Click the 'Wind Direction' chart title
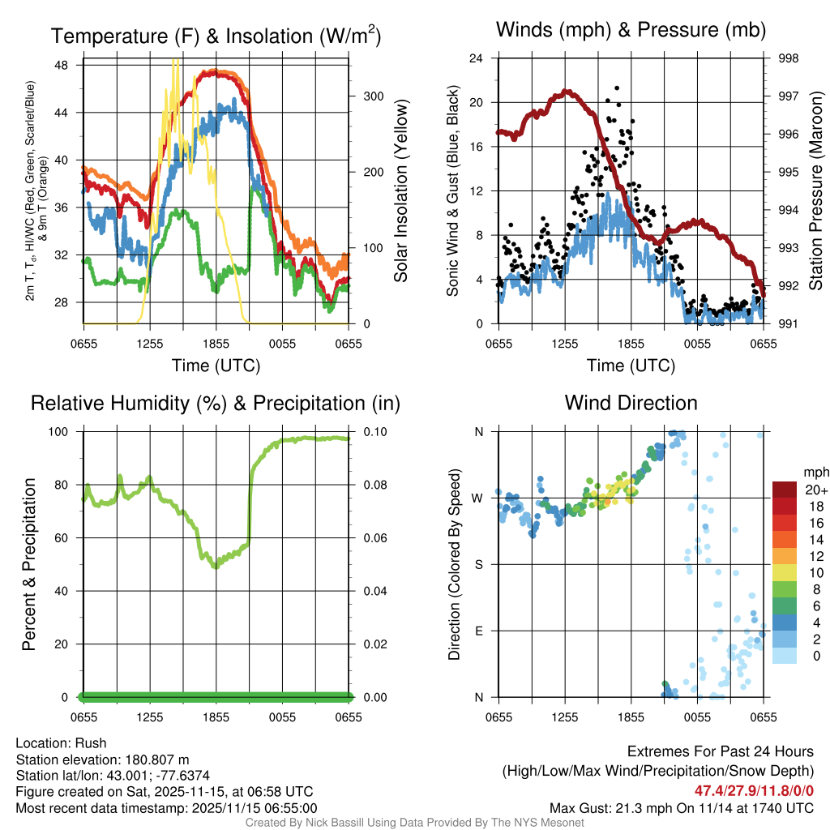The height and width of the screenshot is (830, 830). pos(631,403)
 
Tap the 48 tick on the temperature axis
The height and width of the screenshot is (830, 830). pos(71,65)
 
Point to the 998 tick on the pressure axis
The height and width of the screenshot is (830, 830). pos(786,58)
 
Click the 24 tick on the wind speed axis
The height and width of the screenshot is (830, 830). pos(477,58)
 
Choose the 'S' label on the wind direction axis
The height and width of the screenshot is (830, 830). pos(479,564)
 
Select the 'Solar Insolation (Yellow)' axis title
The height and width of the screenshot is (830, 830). pos(401,190)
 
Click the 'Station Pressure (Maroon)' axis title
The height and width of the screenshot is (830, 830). pos(816,190)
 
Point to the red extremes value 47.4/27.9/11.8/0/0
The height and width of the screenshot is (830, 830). pos(754,790)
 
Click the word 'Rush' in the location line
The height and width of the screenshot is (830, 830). pos(91,743)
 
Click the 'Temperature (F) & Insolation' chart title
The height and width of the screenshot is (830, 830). pos(216,36)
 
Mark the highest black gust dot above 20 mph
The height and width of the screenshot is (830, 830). pos(617,88)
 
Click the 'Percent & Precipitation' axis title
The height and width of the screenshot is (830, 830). pos(29,564)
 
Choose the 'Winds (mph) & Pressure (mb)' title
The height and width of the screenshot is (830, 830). pos(631,31)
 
